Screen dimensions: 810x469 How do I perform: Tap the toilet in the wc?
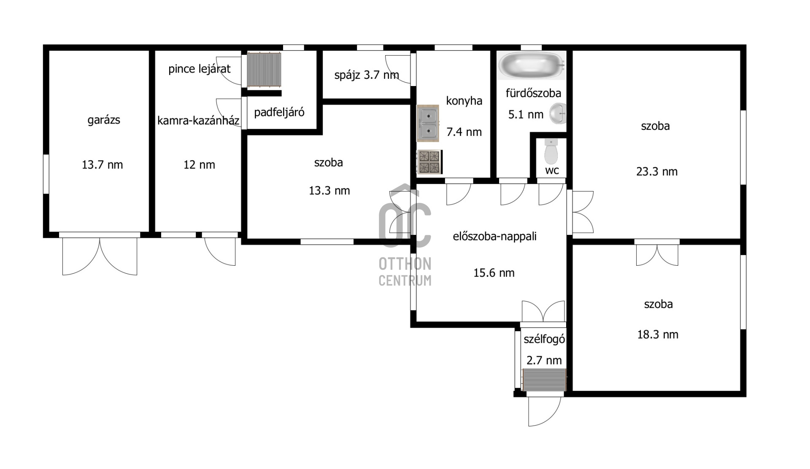point(551,151)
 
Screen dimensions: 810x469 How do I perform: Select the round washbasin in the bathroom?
point(557,113)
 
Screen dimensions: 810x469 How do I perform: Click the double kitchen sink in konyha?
point(428,123)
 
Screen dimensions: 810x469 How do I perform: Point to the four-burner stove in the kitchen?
point(429,162)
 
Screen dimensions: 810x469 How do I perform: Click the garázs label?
point(104,120)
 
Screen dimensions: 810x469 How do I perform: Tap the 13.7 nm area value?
point(103,164)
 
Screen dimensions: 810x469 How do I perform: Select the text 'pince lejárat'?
point(200,69)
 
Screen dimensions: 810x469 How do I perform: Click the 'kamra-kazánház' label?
point(198,121)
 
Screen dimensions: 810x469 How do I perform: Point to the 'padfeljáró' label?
point(279,112)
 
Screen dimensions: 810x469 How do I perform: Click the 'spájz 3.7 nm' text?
point(367,75)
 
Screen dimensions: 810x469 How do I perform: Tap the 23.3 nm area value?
point(657,172)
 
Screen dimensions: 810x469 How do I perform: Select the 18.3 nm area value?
point(658,334)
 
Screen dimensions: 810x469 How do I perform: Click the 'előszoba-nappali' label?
point(495,236)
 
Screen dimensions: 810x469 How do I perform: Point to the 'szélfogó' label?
point(544,339)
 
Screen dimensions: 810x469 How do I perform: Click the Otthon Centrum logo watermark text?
point(405,272)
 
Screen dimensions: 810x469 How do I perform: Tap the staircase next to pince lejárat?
point(264,70)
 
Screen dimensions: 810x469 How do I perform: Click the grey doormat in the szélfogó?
point(544,380)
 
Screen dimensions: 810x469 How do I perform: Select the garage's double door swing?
point(100,256)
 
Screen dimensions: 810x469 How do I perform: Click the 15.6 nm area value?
point(494,273)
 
